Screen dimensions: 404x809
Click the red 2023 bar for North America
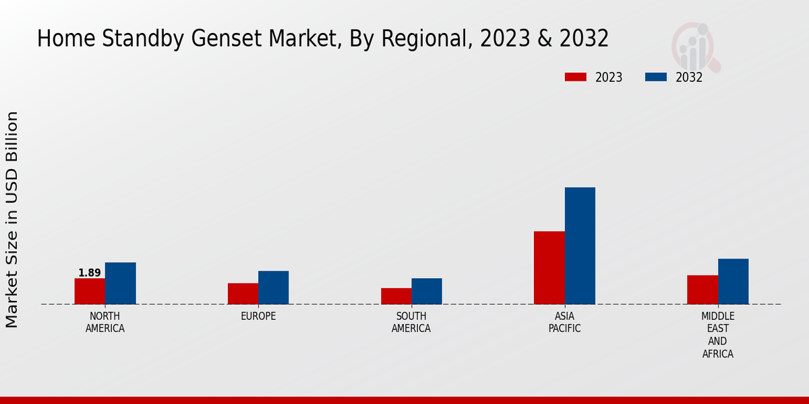[90, 291]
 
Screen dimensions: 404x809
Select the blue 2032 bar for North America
[120, 283]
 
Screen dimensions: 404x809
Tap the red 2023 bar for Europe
[243, 294]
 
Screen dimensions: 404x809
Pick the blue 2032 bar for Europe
[273, 288]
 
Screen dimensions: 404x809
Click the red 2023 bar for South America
[396, 296]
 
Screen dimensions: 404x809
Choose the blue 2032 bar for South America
[427, 291]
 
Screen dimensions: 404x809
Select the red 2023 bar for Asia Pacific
[549, 267]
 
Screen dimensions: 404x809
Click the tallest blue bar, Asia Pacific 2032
[580, 246]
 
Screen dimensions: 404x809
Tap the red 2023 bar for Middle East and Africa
[702, 290]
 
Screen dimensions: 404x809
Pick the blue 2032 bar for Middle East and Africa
[733, 281]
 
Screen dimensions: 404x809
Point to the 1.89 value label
[90, 273]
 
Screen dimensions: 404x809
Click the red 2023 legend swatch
[576, 77]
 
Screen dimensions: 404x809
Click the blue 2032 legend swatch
[656, 77]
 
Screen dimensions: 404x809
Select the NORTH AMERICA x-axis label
[105, 323]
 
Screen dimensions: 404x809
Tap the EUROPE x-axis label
[258, 316]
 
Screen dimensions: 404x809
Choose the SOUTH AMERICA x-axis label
[411, 323]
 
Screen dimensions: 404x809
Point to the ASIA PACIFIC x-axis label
[564, 323]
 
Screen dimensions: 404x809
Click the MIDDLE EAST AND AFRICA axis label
[717, 335]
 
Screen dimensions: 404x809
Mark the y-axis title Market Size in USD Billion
[12, 220]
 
